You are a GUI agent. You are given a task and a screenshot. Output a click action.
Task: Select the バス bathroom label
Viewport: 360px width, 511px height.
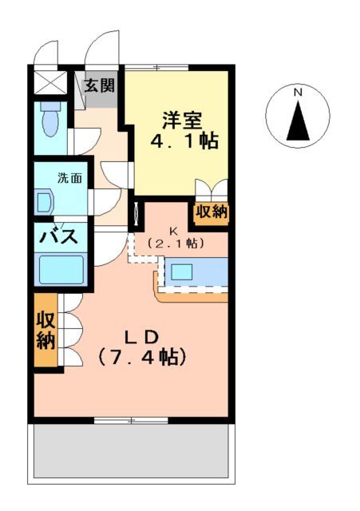pos(59,236)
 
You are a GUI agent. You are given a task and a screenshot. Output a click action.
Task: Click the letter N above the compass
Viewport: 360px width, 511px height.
pos(298,93)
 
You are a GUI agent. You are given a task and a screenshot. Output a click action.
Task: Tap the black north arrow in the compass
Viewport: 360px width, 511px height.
pos(298,121)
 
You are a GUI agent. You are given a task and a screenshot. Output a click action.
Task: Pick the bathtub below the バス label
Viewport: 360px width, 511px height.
pos(62,269)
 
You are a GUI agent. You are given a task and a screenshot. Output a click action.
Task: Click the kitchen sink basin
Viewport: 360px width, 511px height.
pos(182,271)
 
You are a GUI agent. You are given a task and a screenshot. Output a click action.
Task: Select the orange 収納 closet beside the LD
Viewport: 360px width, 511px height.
pos(45,331)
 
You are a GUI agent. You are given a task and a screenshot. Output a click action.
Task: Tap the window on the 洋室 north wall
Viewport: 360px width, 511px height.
pos(156,66)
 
